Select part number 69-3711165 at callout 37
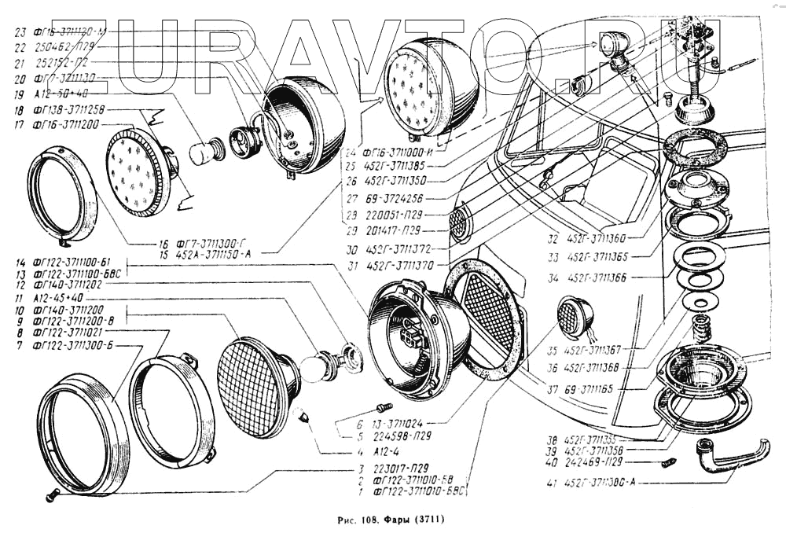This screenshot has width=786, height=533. (x=594, y=389)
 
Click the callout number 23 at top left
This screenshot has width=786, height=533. (x=20, y=32)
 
